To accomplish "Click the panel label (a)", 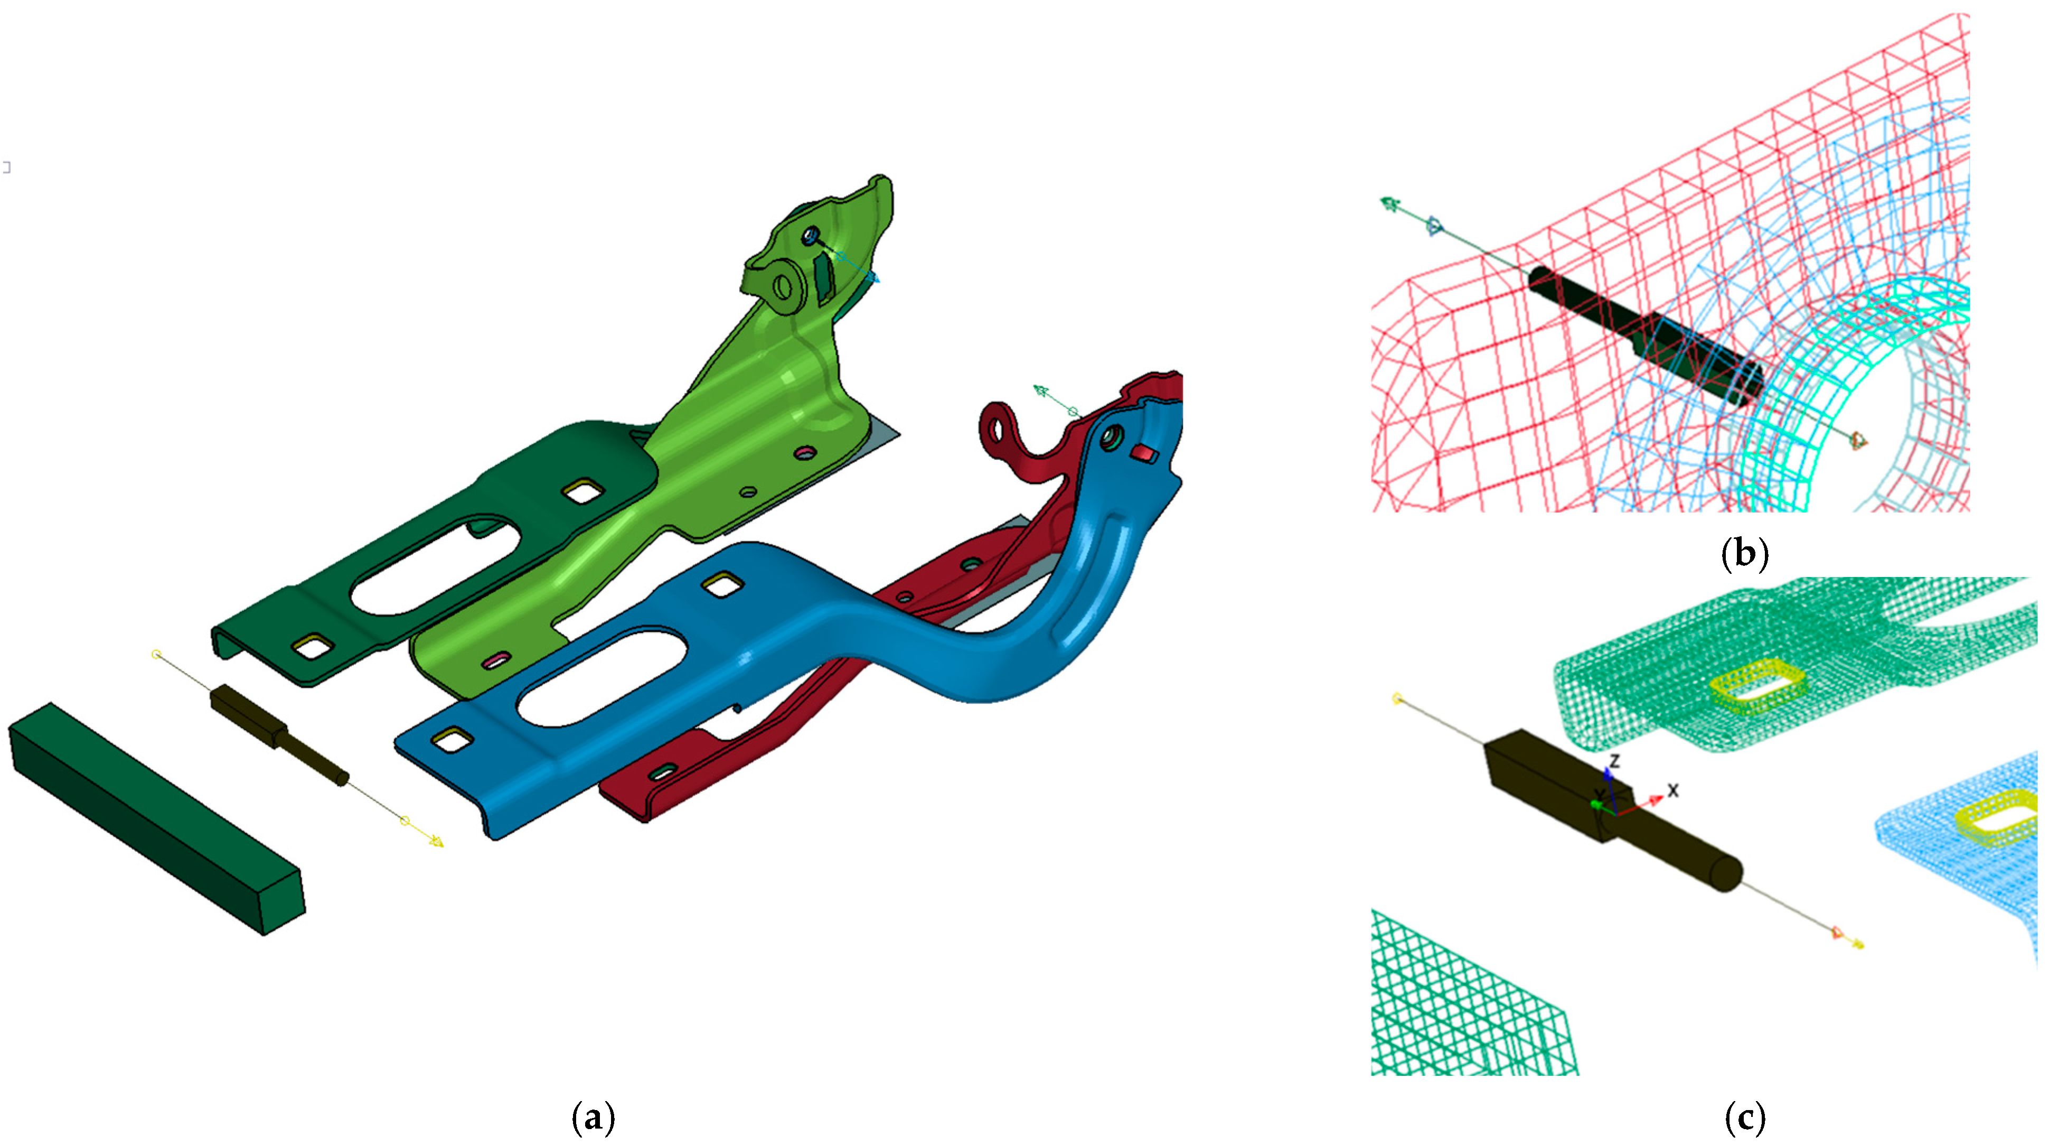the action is click(594, 1118).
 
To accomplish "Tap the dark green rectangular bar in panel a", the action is click(157, 818).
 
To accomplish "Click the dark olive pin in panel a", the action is click(278, 734).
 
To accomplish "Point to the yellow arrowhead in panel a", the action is click(436, 841).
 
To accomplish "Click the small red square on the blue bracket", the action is click(1144, 454).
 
